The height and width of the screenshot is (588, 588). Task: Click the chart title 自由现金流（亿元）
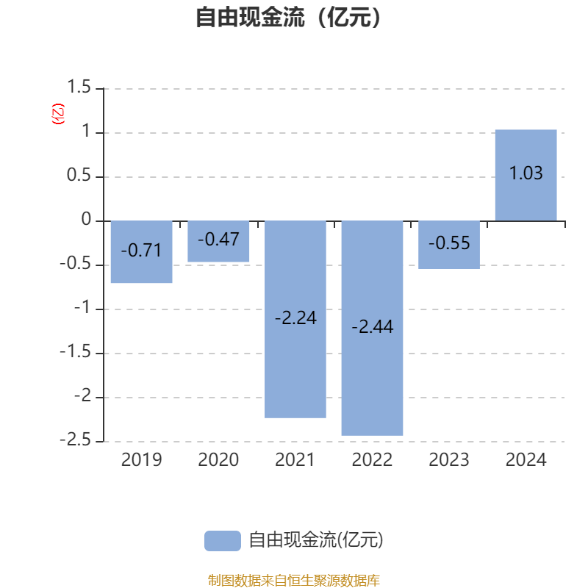tap(288, 17)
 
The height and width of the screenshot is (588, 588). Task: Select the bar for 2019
tap(142, 251)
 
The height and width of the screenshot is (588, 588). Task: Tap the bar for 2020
tap(218, 241)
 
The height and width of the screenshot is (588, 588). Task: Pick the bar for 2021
tap(295, 319)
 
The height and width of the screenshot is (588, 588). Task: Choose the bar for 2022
tap(372, 328)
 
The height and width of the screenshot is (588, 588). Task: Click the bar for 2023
tap(449, 245)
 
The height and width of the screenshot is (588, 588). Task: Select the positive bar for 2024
tap(526, 175)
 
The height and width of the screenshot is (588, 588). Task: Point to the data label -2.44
tap(373, 326)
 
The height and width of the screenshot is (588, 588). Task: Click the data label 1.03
tap(526, 173)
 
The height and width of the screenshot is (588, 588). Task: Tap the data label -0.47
tap(218, 240)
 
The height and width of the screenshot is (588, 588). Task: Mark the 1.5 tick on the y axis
tap(79, 87)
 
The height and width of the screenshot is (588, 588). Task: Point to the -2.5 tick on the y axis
tap(76, 440)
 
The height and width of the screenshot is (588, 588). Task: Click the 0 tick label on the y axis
tap(86, 219)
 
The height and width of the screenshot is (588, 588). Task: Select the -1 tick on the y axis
tap(82, 307)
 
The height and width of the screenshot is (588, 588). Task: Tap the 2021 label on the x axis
tap(295, 460)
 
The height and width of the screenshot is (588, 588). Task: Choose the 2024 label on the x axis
tap(526, 460)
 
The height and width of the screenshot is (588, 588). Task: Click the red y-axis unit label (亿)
tap(58, 114)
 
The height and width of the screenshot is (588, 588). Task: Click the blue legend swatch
tap(223, 541)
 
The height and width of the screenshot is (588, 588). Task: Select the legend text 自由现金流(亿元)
tap(316, 540)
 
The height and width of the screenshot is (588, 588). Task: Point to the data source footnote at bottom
tap(294, 580)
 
